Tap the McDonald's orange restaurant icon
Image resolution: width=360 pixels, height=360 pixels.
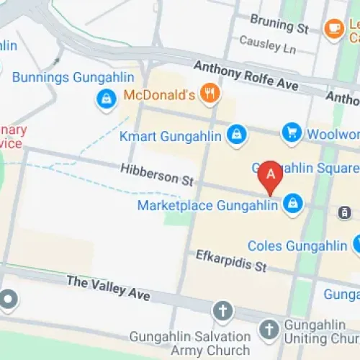(x=210, y=93)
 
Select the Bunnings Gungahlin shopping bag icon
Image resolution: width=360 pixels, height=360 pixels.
(x=107, y=99)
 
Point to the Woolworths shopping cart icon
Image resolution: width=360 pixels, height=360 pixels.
(x=292, y=132)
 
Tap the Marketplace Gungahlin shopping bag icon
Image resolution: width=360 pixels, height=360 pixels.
(x=292, y=204)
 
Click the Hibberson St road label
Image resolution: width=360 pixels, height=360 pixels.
(x=158, y=174)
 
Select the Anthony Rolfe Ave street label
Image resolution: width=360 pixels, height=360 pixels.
(x=246, y=76)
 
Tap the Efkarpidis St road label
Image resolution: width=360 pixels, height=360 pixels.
(x=231, y=261)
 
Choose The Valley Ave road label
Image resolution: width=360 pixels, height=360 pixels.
(x=108, y=288)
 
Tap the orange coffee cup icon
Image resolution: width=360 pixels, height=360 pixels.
(x=333, y=27)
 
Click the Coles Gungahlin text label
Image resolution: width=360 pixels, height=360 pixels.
(x=297, y=246)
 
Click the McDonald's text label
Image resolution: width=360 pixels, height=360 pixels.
(x=159, y=94)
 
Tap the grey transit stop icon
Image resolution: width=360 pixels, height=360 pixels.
(x=344, y=212)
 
